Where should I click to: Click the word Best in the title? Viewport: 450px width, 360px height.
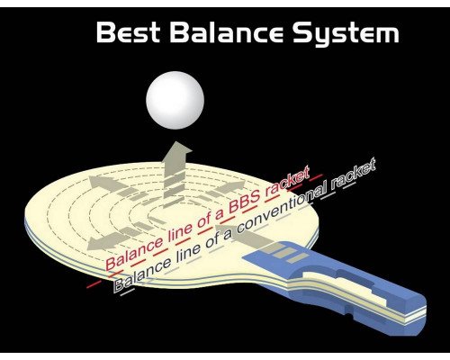(x=128, y=32)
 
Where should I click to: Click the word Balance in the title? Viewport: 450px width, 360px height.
(x=227, y=32)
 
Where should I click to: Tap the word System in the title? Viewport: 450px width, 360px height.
(x=346, y=33)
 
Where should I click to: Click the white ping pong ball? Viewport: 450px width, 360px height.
(x=175, y=100)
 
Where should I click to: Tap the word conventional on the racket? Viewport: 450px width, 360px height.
(x=279, y=210)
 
